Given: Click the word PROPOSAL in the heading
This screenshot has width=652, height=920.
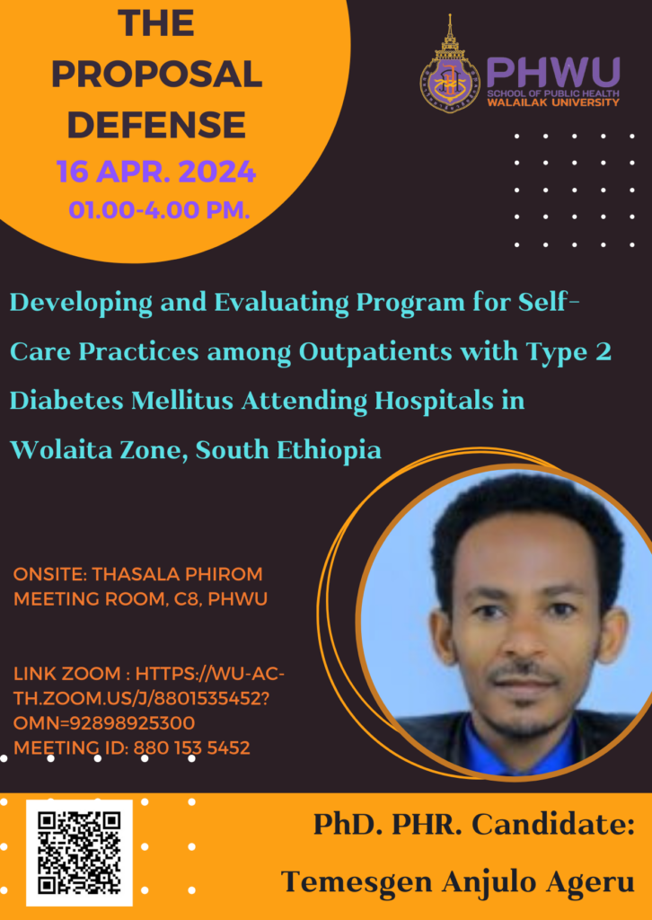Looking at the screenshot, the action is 157,75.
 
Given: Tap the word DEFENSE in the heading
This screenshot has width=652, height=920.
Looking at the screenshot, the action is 156,124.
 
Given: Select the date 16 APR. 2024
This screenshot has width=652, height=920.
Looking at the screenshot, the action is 156,172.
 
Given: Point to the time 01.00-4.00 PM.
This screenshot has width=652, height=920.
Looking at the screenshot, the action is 160,209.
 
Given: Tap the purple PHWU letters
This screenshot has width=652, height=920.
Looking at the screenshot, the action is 553,73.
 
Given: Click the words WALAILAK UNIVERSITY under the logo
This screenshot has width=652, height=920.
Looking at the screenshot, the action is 553,102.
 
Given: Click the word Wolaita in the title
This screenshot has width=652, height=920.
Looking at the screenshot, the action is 55,451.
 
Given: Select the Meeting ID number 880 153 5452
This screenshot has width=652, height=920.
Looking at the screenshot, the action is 191,748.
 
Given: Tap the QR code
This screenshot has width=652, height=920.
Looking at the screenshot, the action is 79,853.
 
